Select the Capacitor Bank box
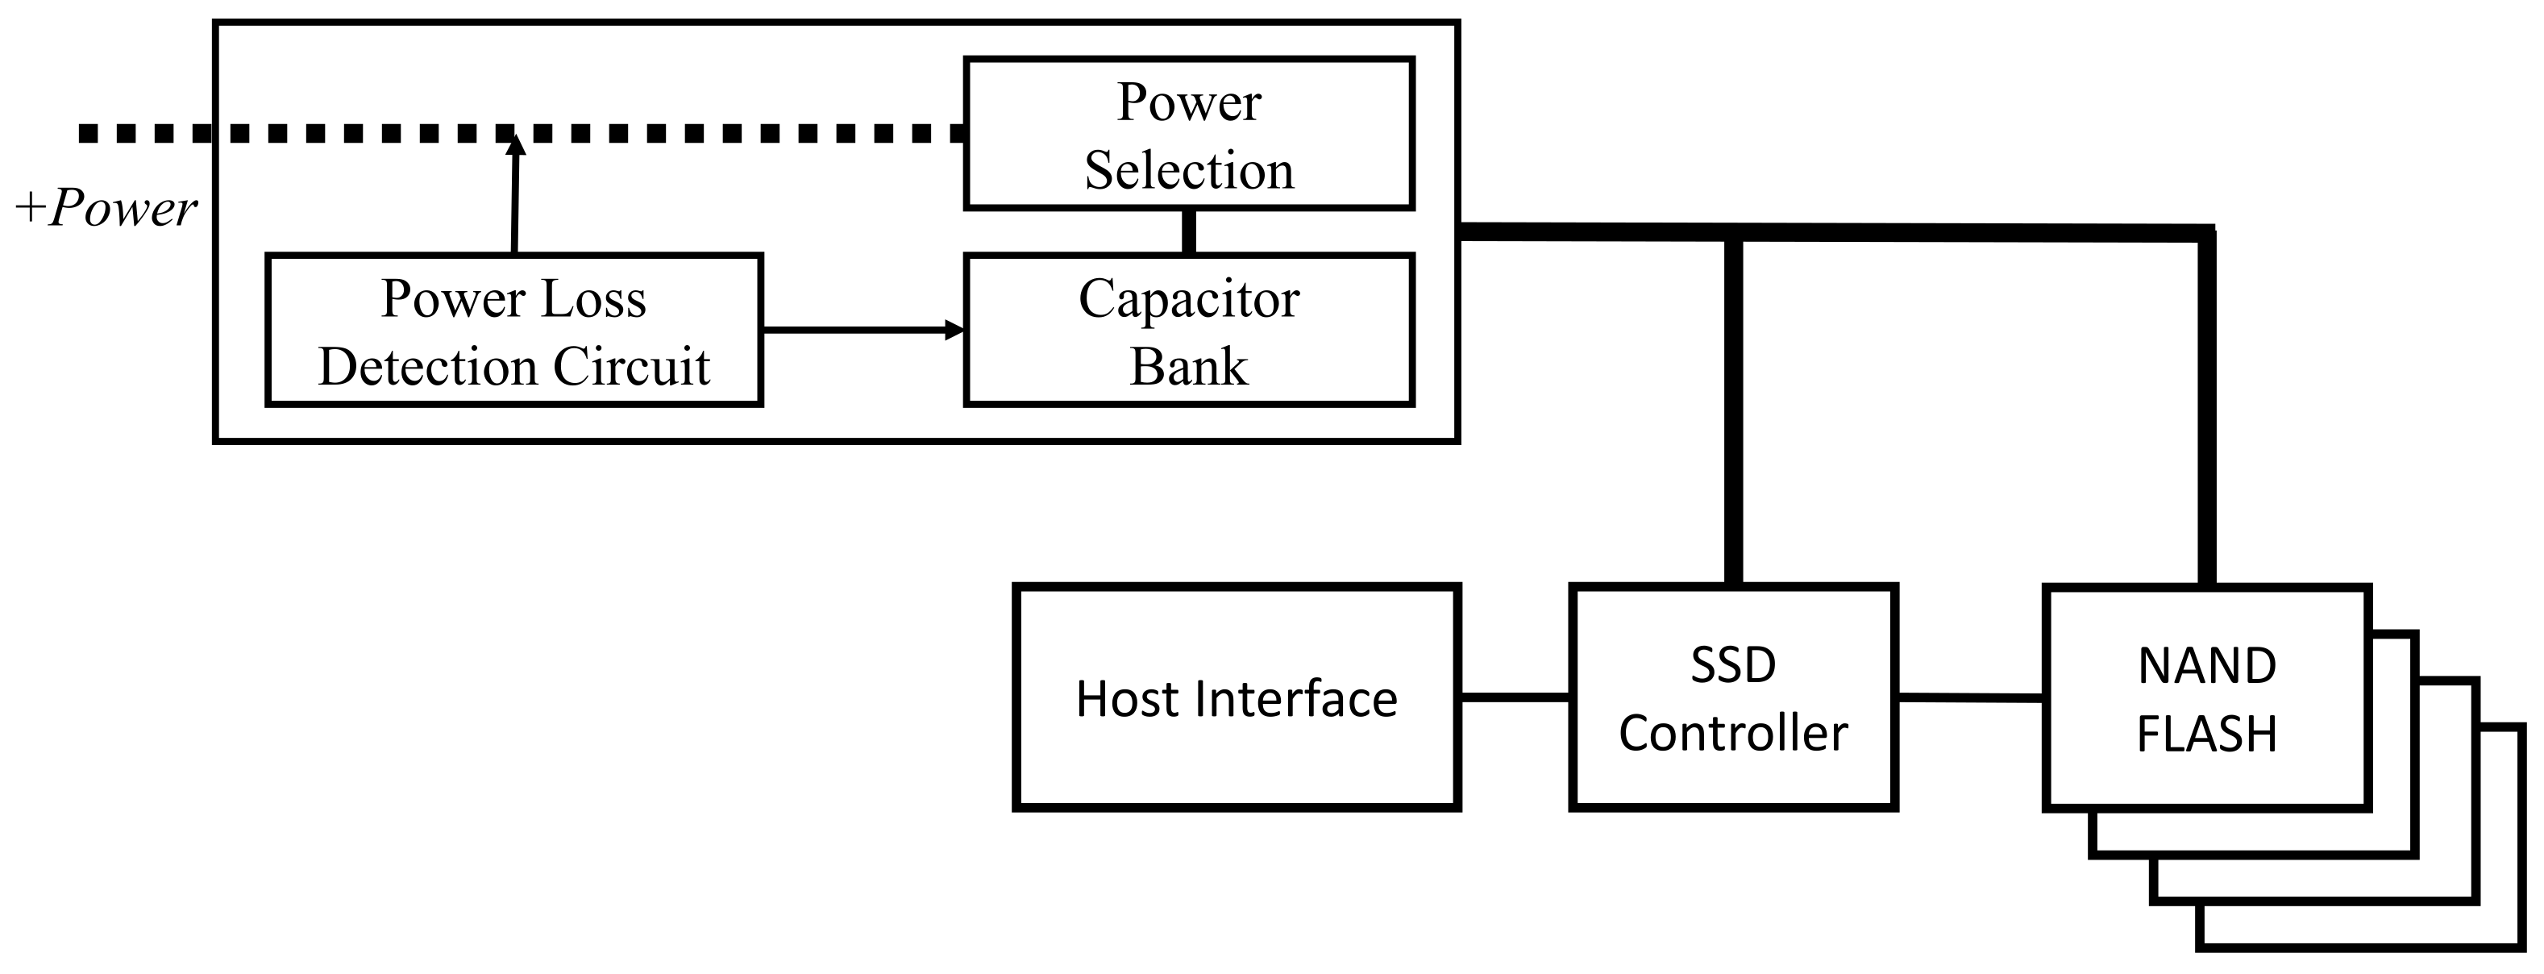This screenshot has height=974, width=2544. [1188, 330]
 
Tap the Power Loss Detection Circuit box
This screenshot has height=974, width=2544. [513, 330]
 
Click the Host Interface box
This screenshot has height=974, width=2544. [1236, 698]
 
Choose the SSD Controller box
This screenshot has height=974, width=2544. [1733, 698]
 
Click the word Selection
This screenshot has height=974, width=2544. [1189, 170]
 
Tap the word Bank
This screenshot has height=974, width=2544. [1188, 367]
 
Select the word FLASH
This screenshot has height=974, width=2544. [2206, 734]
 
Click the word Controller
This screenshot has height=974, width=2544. [1733, 734]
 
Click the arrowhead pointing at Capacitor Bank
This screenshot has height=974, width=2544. [954, 330]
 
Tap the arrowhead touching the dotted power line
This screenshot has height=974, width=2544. [514, 146]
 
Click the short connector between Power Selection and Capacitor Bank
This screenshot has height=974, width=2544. [1189, 232]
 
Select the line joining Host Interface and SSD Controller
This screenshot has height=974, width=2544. [1514, 697]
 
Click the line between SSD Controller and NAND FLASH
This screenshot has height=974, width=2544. [1970, 698]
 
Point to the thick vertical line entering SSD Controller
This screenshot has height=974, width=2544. [1733, 415]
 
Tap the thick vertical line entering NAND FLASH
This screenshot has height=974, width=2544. [2206, 415]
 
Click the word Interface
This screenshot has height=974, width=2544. [1299, 698]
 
